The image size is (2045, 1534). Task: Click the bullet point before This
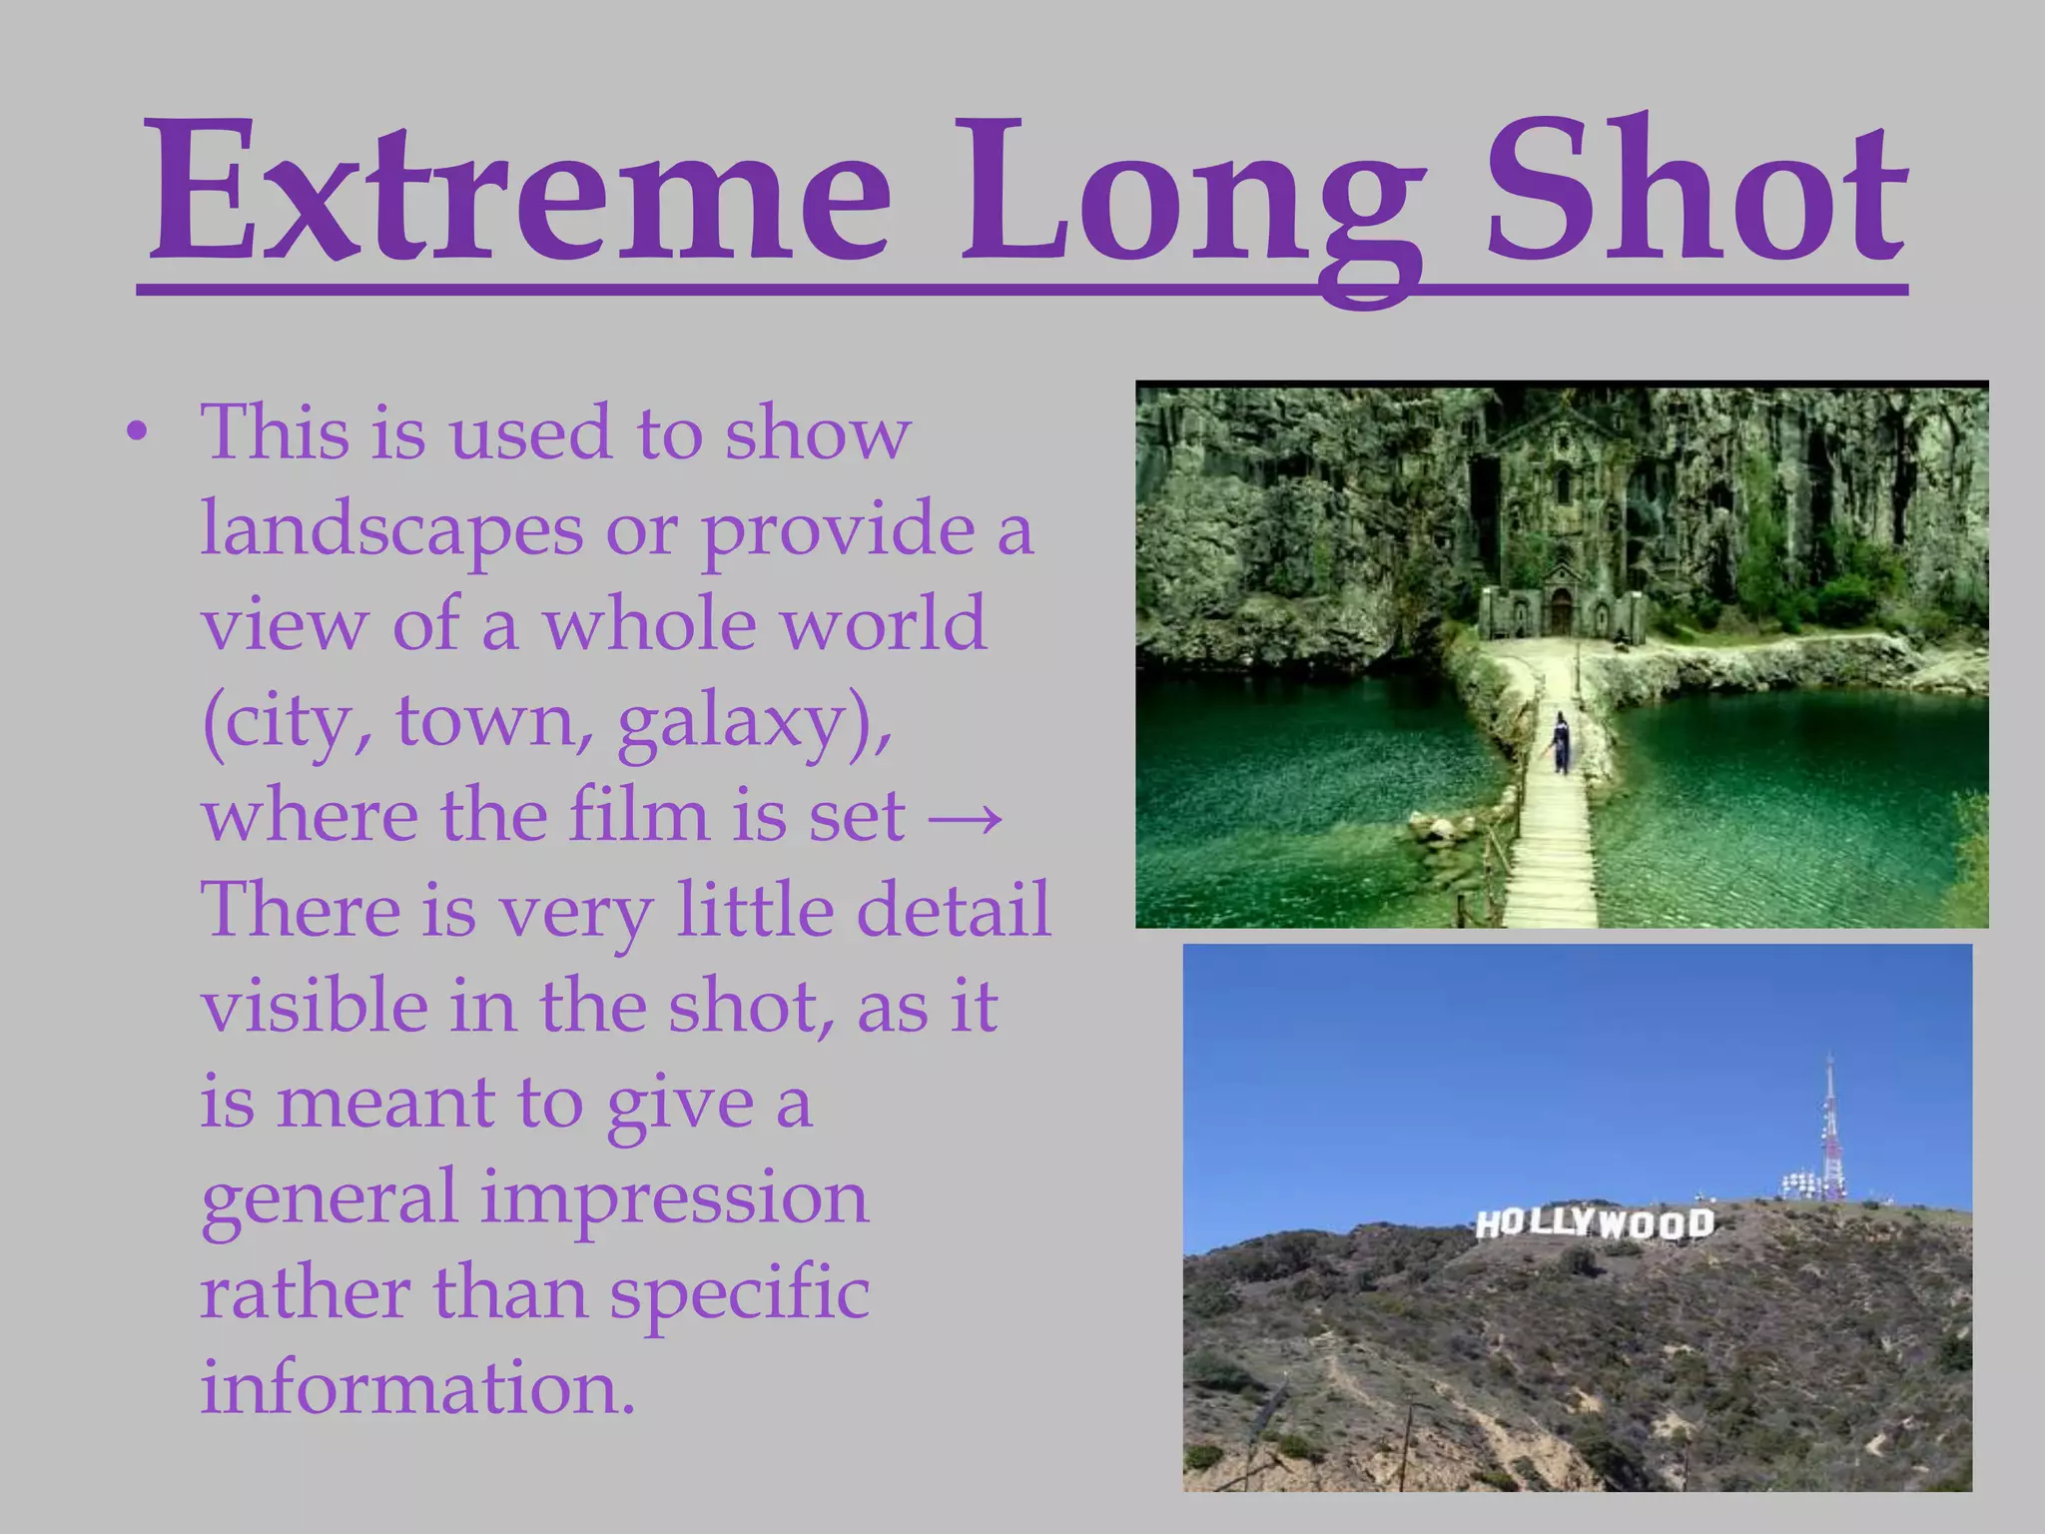tap(138, 433)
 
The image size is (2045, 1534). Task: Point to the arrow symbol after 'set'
tap(966, 817)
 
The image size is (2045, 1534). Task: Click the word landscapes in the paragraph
tap(391, 529)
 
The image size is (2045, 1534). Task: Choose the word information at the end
tap(417, 1388)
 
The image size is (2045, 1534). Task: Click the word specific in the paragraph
tap(739, 1294)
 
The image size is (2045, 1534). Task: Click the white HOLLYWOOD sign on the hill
tap(1595, 1223)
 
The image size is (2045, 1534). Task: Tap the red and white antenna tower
tap(1829, 1129)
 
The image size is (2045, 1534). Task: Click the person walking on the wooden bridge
tap(1561, 741)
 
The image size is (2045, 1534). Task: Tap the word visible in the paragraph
tap(315, 1007)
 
